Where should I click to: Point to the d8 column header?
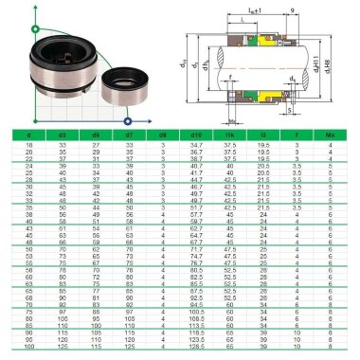pyautogui.click(x=162, y=135)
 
